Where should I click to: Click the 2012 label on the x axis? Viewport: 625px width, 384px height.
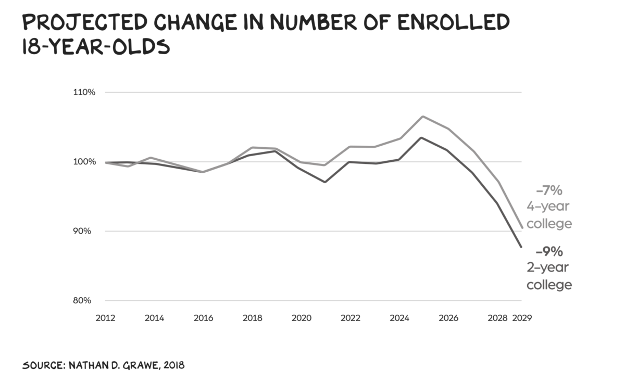tap(105, 318)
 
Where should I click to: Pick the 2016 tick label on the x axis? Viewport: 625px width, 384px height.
tap(203, 318)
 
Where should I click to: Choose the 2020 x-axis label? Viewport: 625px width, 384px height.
tap(302, 318)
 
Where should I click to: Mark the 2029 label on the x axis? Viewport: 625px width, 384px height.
tap(522, 318)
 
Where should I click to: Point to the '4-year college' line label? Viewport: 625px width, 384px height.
tap(549, 215)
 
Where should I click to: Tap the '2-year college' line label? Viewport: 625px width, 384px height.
tap(549, 276)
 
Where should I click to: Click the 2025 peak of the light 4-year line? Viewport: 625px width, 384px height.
tap(422, 117)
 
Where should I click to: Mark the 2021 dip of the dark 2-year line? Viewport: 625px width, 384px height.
tap(325, 182)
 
